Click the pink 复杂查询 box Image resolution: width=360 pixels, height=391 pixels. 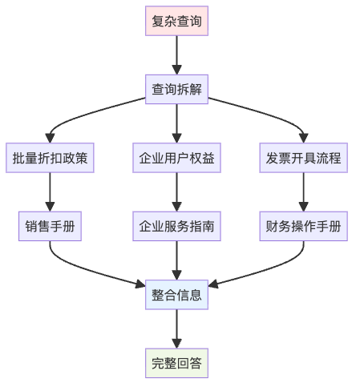click(x=176, y=21)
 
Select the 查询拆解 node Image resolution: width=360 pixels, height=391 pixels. click(x=176, y=90)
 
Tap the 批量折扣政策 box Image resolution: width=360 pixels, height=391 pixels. click(x=51, y=158)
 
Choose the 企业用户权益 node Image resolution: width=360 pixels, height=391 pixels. click(x=176, y=158)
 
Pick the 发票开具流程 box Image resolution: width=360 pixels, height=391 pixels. click(x=303, y=158)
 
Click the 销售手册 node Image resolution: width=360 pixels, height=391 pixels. click(x=51, y=227)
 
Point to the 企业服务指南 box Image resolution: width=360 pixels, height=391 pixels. click(x=176, y=227)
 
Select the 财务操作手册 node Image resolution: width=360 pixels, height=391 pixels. click(x=303, y=227)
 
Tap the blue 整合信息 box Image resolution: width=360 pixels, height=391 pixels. click(x=176, y=295)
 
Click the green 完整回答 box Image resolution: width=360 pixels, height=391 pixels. click(x=176, y=364)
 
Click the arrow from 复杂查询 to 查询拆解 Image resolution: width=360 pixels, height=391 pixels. click(x=176, y=54)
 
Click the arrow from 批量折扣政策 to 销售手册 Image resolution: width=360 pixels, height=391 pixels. click(x=51, y=192)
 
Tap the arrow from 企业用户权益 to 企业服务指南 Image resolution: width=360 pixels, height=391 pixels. click(x=176, y=192)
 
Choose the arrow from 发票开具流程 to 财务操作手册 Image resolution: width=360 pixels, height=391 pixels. click(x=303, y=192)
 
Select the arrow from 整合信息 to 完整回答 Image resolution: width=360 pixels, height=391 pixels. click(x=176, y=329)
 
